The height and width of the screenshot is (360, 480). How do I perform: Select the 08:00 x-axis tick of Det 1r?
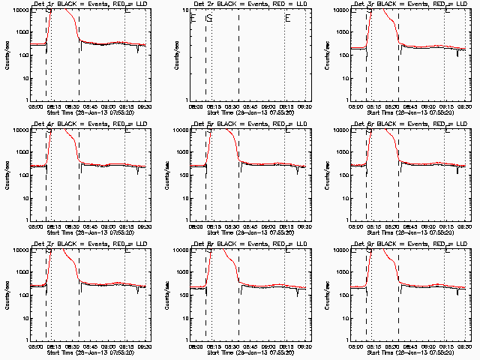[36, 106]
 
